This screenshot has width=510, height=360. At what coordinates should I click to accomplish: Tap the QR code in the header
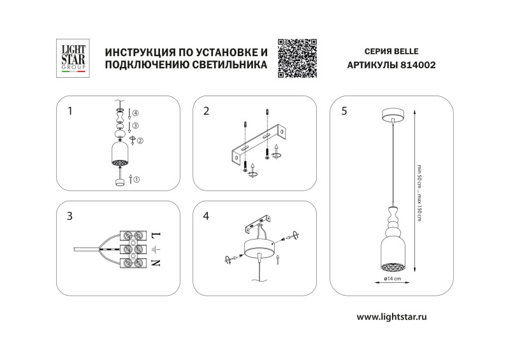[x=298, y=58]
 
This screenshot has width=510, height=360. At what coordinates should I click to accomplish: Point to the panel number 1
[x=70, y=111]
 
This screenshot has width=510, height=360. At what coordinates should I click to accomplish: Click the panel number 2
[x=206, y=111]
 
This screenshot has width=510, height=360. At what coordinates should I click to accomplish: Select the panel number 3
[x=70, y=216]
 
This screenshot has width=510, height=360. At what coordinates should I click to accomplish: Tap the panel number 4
[x=206, y=216]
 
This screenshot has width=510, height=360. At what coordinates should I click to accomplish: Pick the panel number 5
[x=344, y=111]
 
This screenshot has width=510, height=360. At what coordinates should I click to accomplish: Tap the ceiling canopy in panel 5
[x=391, y=115]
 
